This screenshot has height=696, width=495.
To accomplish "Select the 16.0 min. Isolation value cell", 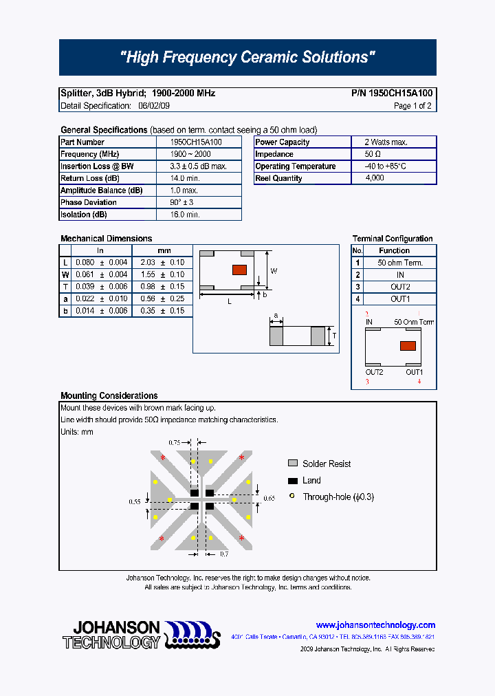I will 184,215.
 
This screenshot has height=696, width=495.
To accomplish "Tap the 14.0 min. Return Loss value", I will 184,178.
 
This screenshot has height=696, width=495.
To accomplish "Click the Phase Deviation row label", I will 89,202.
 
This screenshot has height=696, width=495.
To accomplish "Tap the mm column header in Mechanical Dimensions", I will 164,250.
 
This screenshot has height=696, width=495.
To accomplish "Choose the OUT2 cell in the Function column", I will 400,287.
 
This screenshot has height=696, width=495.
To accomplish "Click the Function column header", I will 394,251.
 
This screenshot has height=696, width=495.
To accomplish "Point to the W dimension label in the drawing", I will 274,271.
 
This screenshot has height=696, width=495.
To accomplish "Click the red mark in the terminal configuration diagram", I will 407,346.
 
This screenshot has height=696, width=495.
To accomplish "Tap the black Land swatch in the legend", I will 292,481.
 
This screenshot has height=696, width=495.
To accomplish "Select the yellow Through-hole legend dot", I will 292,497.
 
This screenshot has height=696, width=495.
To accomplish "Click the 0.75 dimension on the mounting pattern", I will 174,443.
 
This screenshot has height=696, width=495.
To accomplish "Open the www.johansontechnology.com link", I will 375,625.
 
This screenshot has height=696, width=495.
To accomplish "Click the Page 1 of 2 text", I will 412,106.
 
